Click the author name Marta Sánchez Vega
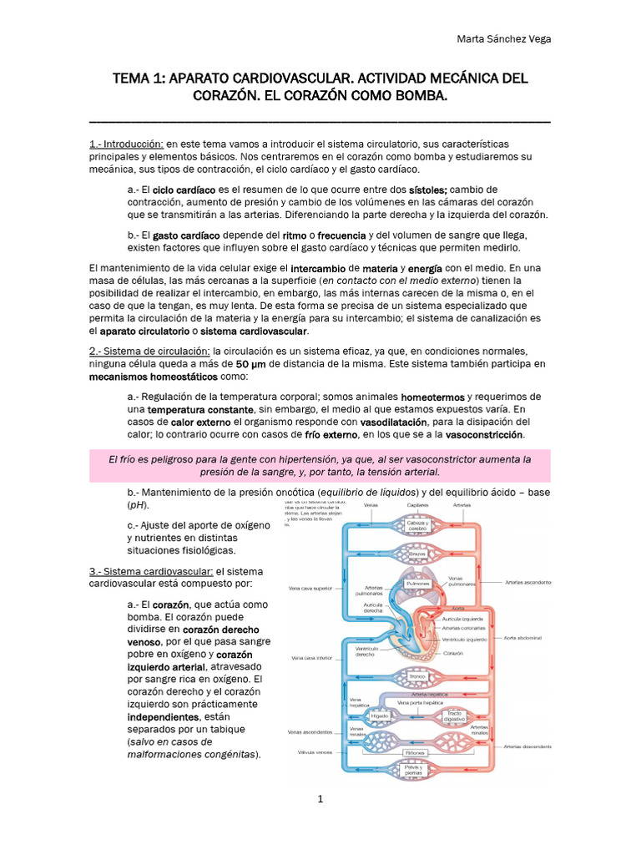click(x=506, y=38)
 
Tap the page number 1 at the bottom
click(x=320, y=799)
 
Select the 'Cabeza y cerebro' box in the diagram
click(x=416, y=526)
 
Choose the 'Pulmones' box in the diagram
click(x=416, y=584)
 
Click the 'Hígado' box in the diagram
click(x=379, y=716)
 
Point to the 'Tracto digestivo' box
click(x=454, y=715)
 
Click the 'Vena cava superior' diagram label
click(x=311, y=588)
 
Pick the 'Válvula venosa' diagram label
click(x=311, y=752)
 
